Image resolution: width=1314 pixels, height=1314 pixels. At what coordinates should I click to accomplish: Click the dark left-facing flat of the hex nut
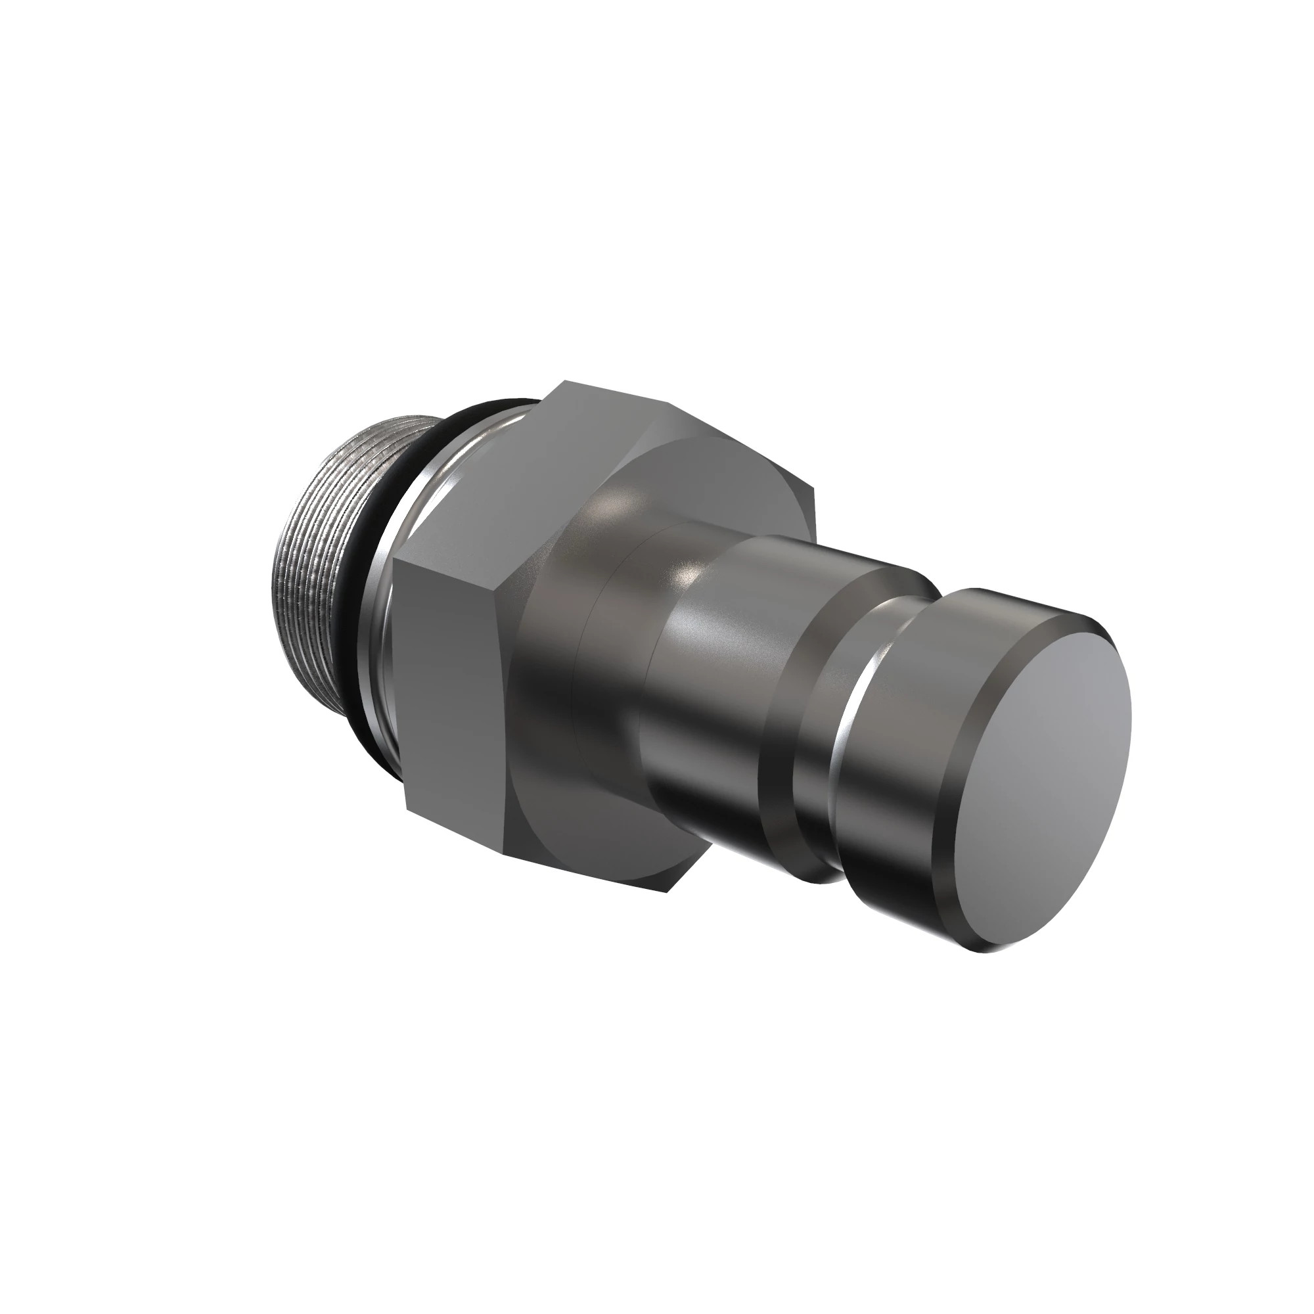[x=449, y=680]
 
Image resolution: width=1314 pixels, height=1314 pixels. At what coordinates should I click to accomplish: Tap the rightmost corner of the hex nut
[x=814, y=486]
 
